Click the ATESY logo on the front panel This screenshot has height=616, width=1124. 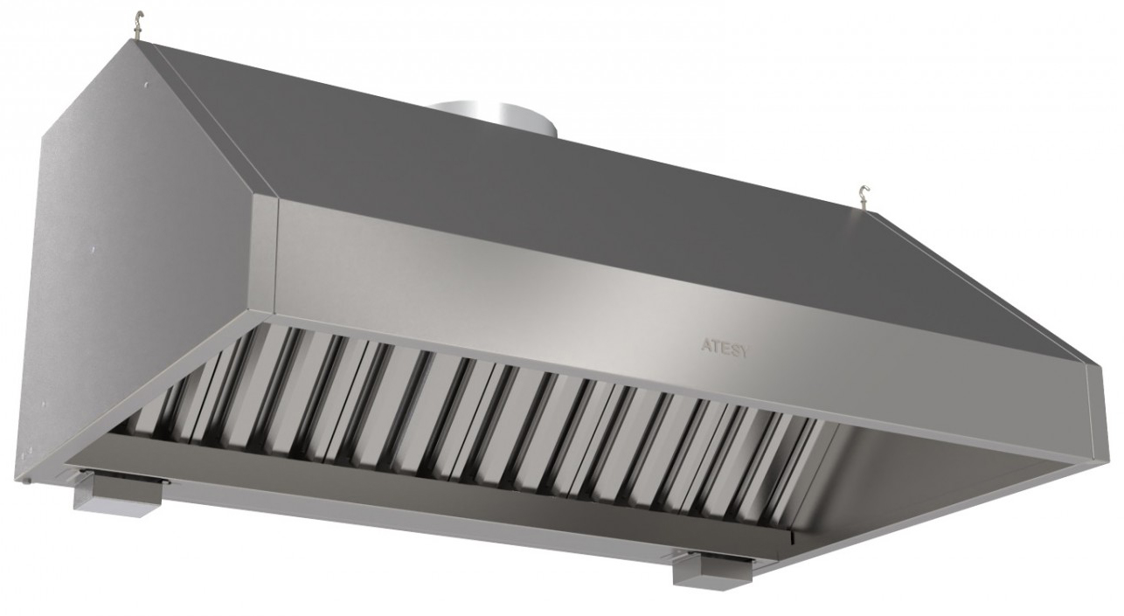[724, 348]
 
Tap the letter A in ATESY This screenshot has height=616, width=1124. [704, 345]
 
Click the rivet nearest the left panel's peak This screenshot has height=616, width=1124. [145, 86]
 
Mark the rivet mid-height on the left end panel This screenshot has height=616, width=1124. [94, 248]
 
